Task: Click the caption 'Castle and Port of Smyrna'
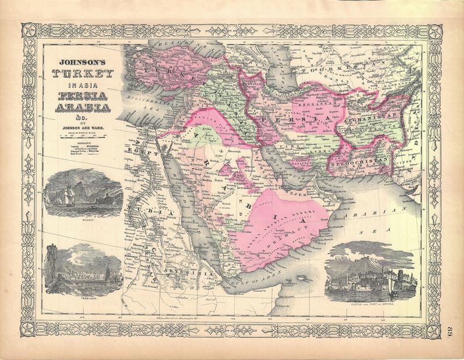point(371,303)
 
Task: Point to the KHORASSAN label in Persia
point(308,104)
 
